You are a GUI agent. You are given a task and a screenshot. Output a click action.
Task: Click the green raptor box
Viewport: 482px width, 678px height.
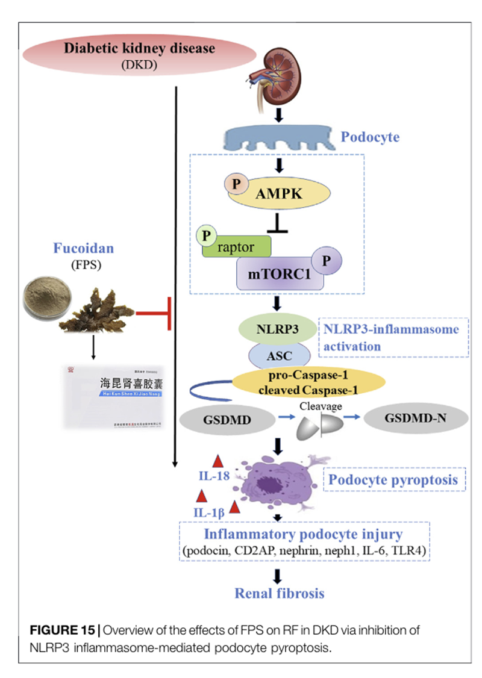pyautogui.click(x=238, y=247)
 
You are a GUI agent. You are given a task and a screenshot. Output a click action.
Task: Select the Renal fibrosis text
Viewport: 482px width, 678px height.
pyautogui.click(x=280, y=593)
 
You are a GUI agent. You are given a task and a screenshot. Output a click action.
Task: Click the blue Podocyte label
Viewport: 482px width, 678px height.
pyautogui.click(x=370, y=137)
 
